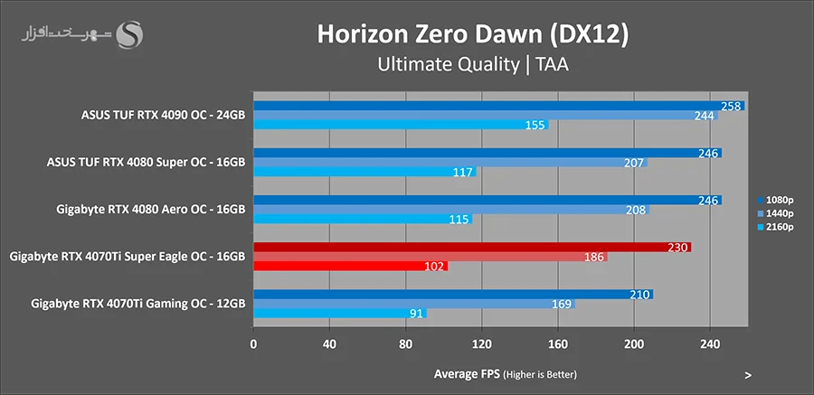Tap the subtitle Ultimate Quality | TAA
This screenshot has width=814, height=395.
(x=471, y=64)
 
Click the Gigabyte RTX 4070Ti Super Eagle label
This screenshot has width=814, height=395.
(x=127, y=256)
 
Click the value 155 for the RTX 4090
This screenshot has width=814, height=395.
(x=535, y=125)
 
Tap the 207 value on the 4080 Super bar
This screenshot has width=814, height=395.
(x=634, y=163)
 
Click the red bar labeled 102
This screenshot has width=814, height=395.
(x=350, y=266)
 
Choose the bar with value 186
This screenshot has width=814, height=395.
(x=430, y=257)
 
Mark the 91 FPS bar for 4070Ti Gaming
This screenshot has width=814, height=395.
(x=339, y=314)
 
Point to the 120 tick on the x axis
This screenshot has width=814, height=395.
(x=482, y=343)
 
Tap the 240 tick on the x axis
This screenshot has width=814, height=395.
(x=710, y=343)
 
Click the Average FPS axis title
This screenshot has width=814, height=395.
(x=504, y=373)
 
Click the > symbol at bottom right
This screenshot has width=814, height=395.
(x=748, y=374)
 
